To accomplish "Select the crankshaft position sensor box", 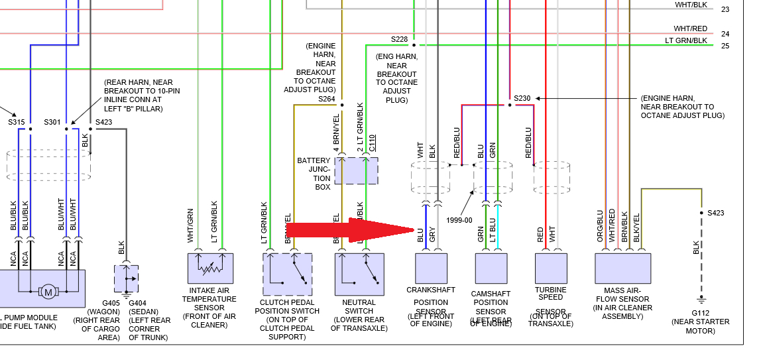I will point(431,268).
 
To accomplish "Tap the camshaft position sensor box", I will point(491,268).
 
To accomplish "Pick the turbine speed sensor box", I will point(551,268).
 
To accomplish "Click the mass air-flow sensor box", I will point(622,268).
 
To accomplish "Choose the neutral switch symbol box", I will point(359,273).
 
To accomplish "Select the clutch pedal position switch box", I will point(287,273).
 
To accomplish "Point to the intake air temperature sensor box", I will point(210,268).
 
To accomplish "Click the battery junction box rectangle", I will point(356,170).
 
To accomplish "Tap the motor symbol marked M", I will point(48,290).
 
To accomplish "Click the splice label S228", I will point(400,39).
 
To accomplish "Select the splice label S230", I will point(522,98).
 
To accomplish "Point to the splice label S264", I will point(327,99).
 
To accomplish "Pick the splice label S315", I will point(16,122).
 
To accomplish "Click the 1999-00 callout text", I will point(459,220).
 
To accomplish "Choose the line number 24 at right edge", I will point(725,34).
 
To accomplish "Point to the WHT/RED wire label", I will point(690,29).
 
